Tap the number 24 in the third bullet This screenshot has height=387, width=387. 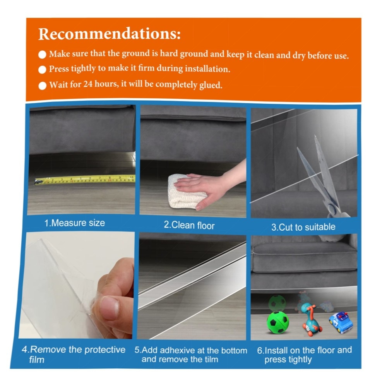click(87, 84)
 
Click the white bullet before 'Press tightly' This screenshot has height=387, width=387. click(43, 70)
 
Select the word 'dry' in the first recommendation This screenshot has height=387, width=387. click(299, 55)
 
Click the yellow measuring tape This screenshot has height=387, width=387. click(85, 180)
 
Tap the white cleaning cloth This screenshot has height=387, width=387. click(187, 191)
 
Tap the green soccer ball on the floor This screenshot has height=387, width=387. click(277, 322)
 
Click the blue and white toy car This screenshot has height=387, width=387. click(341, 322)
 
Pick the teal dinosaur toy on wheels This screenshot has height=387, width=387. click(311, 320)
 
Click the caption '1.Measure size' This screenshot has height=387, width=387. click(75, 223)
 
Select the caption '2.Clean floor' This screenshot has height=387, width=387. click(189, 225)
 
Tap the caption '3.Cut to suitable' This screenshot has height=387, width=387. click(303, 227)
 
